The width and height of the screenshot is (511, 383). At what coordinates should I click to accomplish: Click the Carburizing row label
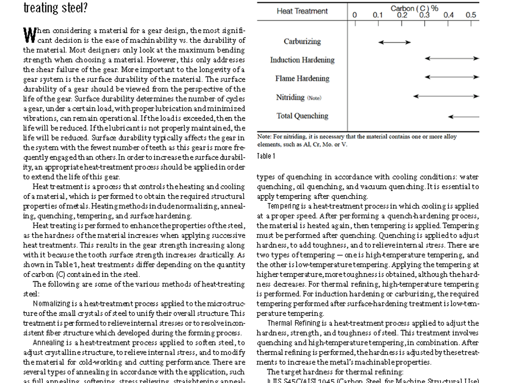(302, 41)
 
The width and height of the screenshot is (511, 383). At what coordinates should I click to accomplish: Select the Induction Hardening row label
(302, 60)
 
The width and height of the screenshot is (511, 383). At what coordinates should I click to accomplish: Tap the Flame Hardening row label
(302, 79)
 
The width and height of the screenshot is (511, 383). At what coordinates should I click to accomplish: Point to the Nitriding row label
(290, 97)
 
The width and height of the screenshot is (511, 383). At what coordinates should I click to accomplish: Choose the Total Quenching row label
(302, 116)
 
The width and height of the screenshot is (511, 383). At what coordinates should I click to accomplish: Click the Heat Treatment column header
(302, 11)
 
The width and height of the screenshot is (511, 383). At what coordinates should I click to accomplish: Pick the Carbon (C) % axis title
(414, 8)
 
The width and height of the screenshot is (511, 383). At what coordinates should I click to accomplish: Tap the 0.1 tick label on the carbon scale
(378, 15)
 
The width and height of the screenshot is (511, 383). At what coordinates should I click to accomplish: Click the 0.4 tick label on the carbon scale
(448, 15)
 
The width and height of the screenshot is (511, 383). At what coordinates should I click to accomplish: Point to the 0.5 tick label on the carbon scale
(471, 15)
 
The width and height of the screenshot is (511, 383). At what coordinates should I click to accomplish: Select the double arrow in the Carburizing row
(394, 42)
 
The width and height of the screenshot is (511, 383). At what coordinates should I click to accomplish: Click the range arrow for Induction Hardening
(452, 58)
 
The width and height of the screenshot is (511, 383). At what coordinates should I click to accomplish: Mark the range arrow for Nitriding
(446, 96)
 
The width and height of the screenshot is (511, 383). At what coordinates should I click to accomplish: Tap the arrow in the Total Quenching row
(463, 117)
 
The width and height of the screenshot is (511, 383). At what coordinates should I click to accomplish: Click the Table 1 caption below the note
(266, 156)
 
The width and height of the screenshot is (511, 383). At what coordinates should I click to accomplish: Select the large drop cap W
(30, 35)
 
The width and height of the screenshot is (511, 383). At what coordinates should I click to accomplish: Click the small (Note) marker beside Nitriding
(314, 98)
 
